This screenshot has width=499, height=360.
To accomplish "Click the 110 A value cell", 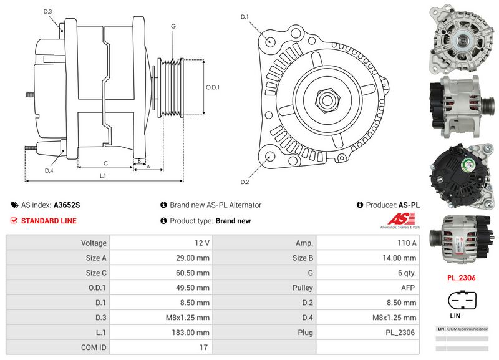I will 369,243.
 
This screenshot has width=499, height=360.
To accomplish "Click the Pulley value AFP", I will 369,288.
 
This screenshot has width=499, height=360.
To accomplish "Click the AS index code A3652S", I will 67,205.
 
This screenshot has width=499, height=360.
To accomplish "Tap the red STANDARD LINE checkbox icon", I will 14,221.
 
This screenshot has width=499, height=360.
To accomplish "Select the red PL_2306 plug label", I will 462,277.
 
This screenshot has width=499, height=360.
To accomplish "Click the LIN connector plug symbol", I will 462,300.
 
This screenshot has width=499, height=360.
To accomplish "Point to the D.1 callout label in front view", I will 245,17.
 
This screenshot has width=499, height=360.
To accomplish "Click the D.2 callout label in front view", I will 245,182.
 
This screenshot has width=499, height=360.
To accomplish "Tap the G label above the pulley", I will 173,26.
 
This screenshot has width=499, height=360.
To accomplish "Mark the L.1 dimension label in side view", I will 103,176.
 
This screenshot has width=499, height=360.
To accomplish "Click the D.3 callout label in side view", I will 48,12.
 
